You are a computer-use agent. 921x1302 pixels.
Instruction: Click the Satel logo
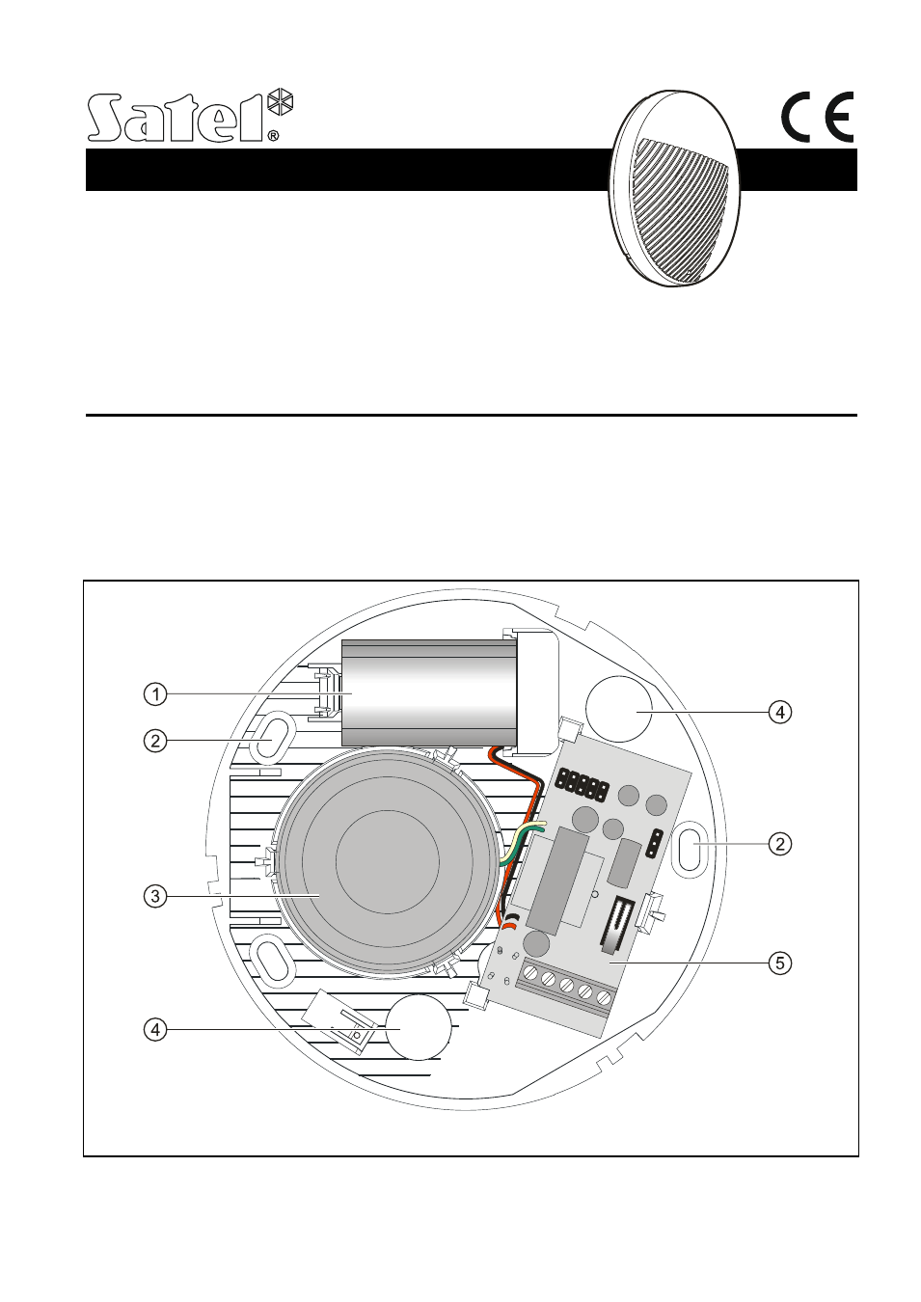pos(189,118)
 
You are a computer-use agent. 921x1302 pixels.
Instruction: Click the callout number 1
pos(154,693)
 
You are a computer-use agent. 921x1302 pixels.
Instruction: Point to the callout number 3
pos(154,895)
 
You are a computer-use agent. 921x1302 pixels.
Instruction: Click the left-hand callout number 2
pos(154,741)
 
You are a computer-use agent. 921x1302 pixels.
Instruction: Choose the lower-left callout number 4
pos(154,1029)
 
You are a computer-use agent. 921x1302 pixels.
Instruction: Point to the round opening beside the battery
pos(620,708)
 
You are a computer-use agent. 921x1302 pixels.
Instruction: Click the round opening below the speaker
pos(418,1027)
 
